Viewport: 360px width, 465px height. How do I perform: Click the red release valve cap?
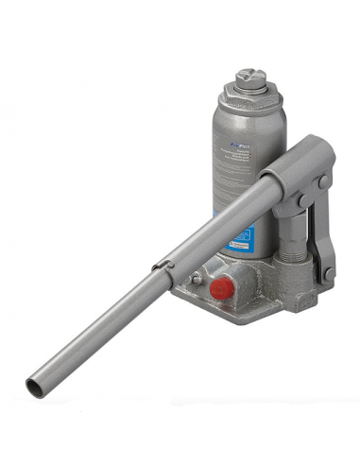pyautogui.click(x=221, y=289)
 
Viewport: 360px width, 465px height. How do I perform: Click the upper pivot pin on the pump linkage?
pyautogui.click(x=322, y=181)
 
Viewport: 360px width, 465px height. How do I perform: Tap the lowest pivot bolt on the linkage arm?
pyautogui.click(x=327, y=273)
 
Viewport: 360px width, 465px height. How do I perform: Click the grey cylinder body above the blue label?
pyautogui.click(x=236, y=180)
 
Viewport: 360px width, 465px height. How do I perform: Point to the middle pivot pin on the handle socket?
pyautogui.click(x=300, y=201)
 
